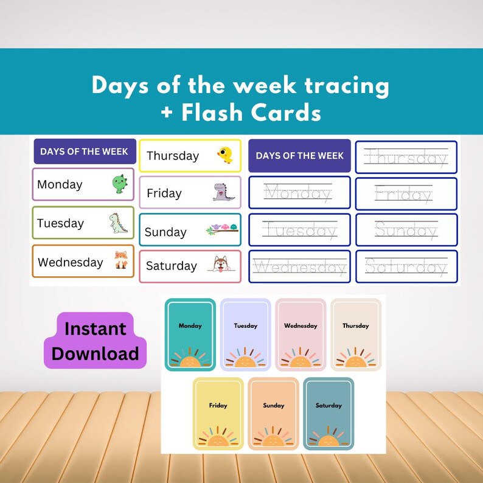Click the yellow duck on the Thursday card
coord(224,156)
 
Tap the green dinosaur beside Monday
coord(119,184)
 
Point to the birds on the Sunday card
coord(222,229)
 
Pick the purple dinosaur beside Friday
coord(222,192)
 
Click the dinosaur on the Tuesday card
coord(119,223)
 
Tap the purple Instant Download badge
coord(96,341)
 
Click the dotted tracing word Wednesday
coord(300,266)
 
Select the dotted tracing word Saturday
coord(406,266)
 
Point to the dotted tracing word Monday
coord(298,193)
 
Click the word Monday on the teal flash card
coord(190,326)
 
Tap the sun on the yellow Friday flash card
coord(218,438)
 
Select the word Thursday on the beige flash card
coord(355,326)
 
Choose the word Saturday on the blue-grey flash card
coord(328,406)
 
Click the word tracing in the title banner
coord(340,86)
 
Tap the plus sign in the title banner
coord(167,113)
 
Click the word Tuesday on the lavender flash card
coord(245,326)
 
